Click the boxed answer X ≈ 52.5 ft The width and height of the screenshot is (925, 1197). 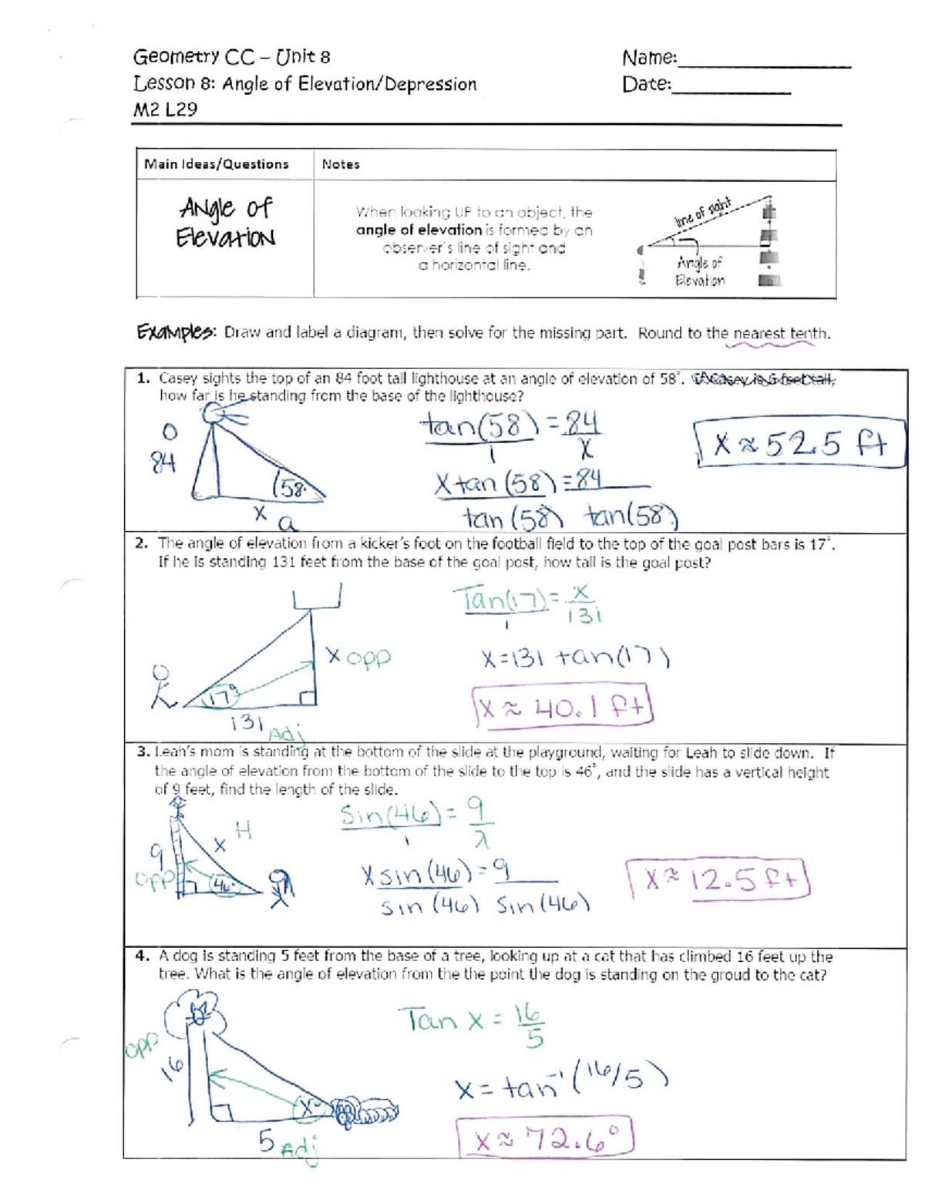coord(799,445)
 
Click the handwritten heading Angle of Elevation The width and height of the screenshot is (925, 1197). coord(225,221)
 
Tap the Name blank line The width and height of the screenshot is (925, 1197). coord(763,65)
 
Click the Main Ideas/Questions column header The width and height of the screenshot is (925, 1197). coord(217,164)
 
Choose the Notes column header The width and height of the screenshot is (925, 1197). coord(341,164)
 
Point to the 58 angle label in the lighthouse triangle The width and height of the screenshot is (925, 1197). coord(291,489)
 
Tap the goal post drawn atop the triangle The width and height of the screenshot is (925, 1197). coord(316,597)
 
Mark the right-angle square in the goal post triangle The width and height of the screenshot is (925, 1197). coord(308,698)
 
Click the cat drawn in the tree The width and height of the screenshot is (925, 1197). coord(200,1010)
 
